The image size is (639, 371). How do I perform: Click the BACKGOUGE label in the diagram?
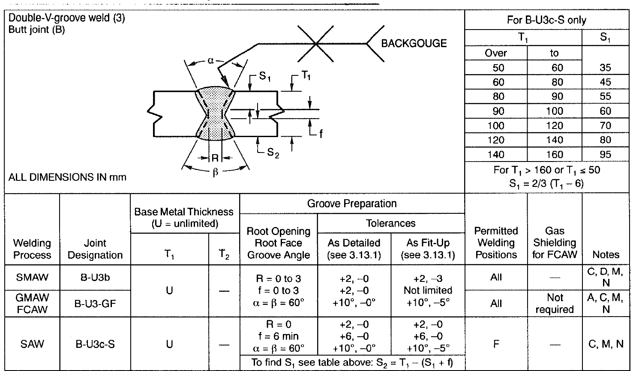point(414,43)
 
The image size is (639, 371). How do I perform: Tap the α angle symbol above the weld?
point(210,60)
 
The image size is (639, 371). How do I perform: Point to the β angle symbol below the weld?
point(216,172)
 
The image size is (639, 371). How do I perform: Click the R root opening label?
point(215,158)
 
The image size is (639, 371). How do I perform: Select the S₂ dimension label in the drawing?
point(273,153)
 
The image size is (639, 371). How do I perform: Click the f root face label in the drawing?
point(321,134)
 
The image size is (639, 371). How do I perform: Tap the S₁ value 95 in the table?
point(605,154)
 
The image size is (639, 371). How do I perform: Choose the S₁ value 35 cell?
point(605,68)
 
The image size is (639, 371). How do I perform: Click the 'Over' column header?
point(496,53)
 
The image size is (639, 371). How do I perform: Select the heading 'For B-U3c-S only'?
point(546,20)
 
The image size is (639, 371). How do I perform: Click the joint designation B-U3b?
point(95,277)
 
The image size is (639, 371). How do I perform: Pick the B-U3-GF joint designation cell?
point(95,304)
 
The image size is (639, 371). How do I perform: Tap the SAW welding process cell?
point(32,344)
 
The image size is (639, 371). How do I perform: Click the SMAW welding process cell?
point(32,277)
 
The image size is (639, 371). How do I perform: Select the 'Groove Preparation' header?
point(352,203)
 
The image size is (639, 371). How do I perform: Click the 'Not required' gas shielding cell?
point(555,303)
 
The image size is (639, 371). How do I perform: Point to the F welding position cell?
point(496,344)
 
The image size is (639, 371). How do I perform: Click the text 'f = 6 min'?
point(279,336)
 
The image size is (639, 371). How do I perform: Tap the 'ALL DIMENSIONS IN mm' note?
point(67,177)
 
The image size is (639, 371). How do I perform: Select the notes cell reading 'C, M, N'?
point(606,344)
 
